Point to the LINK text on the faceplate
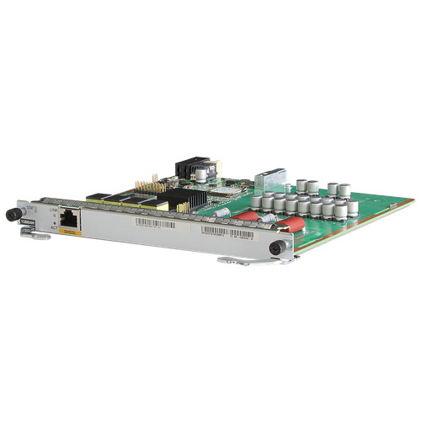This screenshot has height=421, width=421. (x=55, y=208)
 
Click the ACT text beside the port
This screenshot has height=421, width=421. (x=55, y=226)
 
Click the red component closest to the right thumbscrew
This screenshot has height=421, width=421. (x=290, y=225)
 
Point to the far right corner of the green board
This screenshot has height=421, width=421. (x=413, y=201)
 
